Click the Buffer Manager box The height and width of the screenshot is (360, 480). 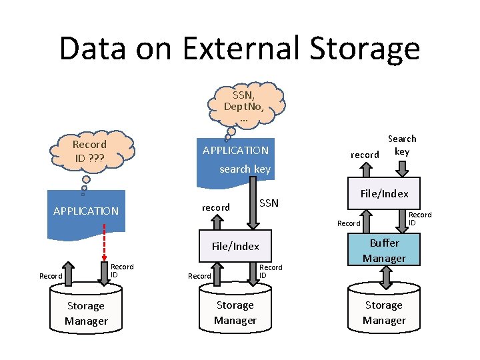click(384, 251)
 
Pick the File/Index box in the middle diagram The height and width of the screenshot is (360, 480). click(235, 246)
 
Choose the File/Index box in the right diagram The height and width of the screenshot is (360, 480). click(384, 193)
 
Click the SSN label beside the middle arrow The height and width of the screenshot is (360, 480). click(269, 203)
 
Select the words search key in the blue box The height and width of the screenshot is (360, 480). click(245, 169)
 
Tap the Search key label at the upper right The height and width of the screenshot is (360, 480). click(402, 145)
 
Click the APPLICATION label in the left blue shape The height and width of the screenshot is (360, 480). click(86, 211)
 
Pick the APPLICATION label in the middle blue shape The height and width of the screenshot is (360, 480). click(235, 150)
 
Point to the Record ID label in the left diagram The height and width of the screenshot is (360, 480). click(122, 270)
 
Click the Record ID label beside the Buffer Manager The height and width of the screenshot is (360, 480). click(420, 218)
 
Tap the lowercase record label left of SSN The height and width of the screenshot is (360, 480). click(215, 207)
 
